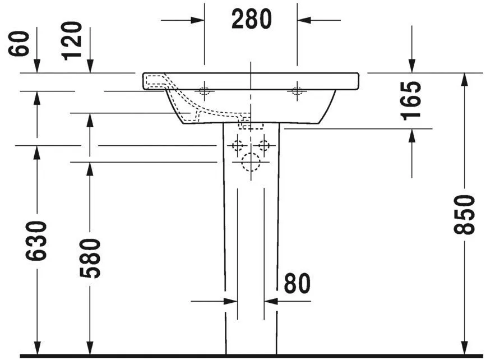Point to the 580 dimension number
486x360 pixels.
89,259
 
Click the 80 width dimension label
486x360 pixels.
297,284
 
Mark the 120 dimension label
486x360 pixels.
72,40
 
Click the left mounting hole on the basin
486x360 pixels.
205,91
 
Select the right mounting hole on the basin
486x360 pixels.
297,91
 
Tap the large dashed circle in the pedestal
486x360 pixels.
251,163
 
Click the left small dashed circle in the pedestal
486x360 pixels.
238,146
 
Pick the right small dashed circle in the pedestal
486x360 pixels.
264,146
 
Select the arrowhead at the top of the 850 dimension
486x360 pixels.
465,79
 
